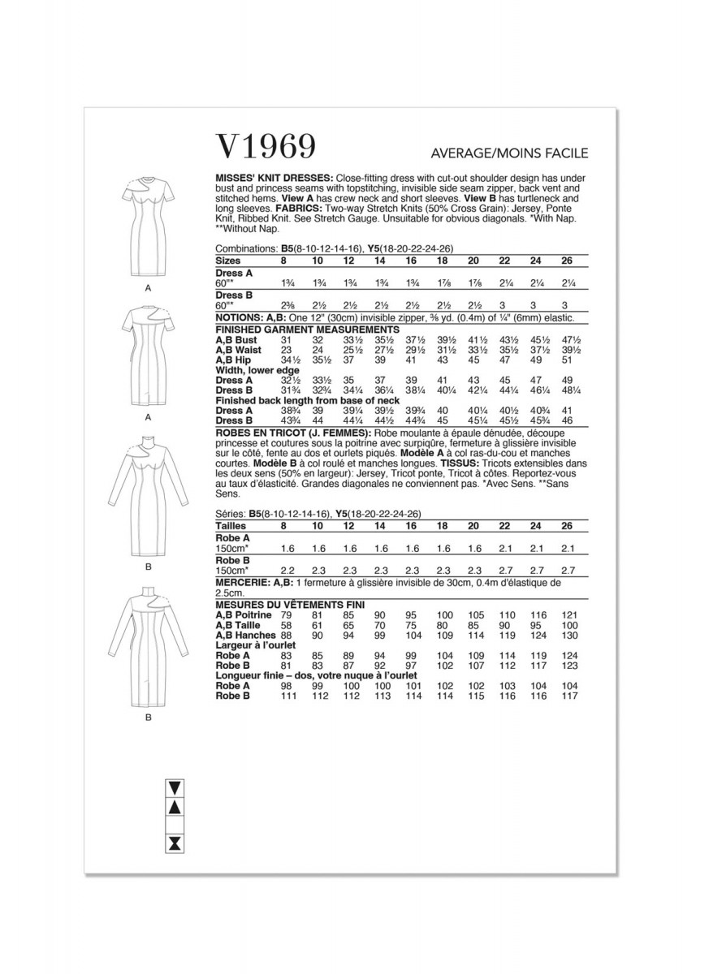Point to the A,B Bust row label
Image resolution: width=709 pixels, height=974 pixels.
click(x=236, y=340)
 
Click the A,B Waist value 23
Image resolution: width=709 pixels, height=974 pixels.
click(x=283, y=350)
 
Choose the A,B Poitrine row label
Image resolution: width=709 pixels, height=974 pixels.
click(x=242, y=616)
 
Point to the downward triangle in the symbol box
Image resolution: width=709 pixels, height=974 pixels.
click(x=173, y=787)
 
